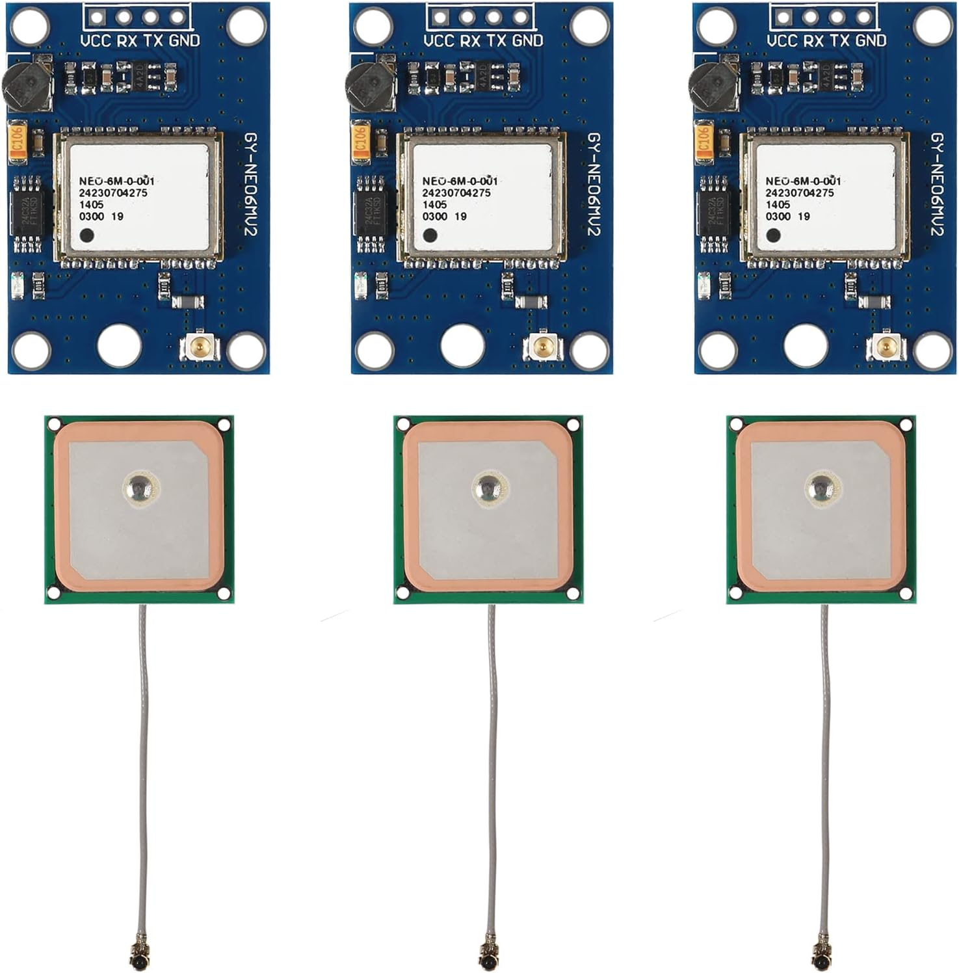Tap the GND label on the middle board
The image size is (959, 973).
(x=527, y=41)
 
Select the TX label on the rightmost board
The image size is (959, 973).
(x=839, y=41)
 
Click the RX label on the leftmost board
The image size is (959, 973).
(x=127, y=41)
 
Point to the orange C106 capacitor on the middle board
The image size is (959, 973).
(x=360, y=143)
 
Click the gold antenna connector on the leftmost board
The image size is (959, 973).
(x=198, y=347)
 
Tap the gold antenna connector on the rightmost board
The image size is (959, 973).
(x=885, y=347)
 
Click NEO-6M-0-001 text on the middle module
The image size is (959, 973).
(x=460, y=181)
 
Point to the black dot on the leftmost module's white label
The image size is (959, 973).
(x=85, y=234)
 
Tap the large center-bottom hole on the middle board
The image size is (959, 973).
(x=462, y=344)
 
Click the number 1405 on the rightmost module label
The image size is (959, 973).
(x=778, y=204)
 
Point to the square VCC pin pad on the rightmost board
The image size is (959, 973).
(x=783, y=17)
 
